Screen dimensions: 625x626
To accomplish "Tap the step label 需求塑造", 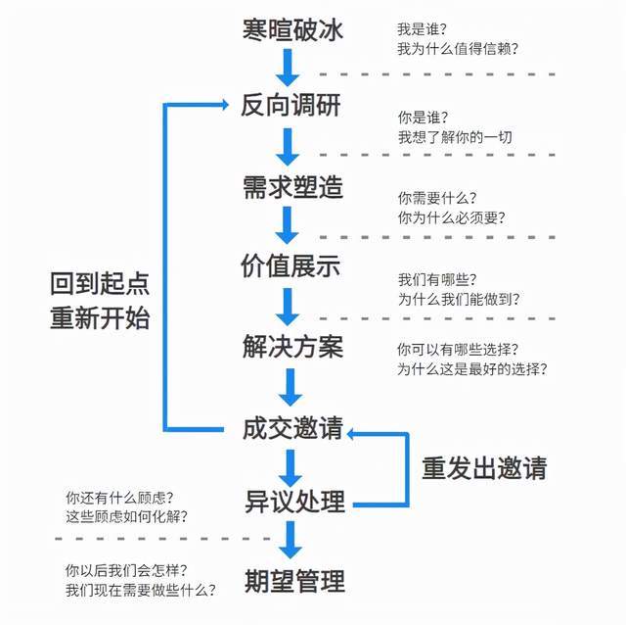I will tap(291, 186).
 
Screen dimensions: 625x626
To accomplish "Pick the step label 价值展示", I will tap(291, 265).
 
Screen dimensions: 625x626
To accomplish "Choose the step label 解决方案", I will tap(291, 346).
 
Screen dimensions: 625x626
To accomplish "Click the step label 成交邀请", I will tap(291, 428).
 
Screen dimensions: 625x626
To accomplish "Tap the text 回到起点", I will tap(100, 283).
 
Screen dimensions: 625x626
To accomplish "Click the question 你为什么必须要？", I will tap(451, 217).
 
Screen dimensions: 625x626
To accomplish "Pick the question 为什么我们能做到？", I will tap(458, 299).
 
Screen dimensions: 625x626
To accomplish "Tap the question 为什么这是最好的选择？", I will tap(471, 369).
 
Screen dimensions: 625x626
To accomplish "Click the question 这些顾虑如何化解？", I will tap(126, 516).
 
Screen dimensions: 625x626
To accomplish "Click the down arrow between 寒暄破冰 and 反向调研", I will tap(287, 66).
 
